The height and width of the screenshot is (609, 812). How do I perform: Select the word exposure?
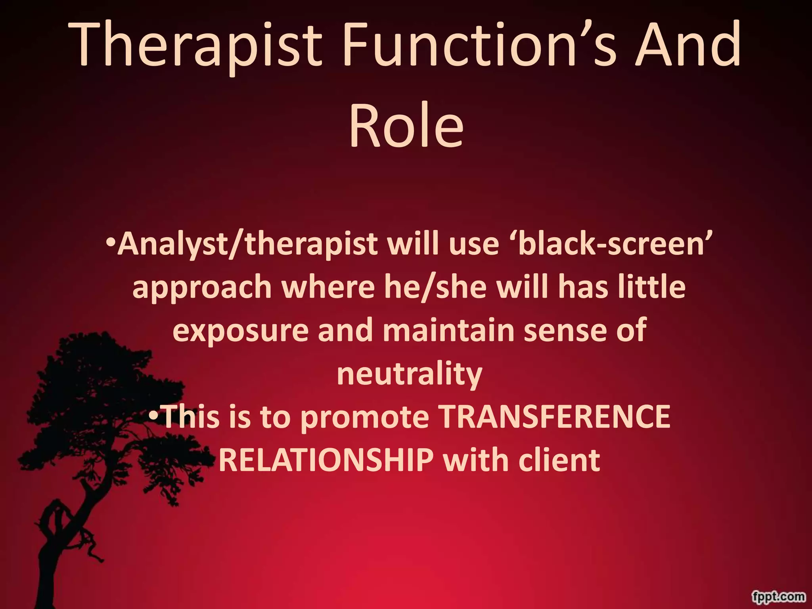coord(240,331)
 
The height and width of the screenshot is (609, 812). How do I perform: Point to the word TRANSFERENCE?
coord(555,417)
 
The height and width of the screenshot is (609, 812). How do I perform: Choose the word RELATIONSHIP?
coord(326,461)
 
